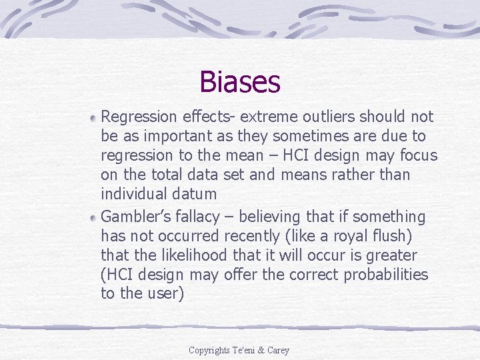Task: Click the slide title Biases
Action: (239, 82)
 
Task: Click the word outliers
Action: (324, 117)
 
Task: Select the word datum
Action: (194, 194)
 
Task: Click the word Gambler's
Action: (133, 217)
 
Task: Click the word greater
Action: (391, 255)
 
